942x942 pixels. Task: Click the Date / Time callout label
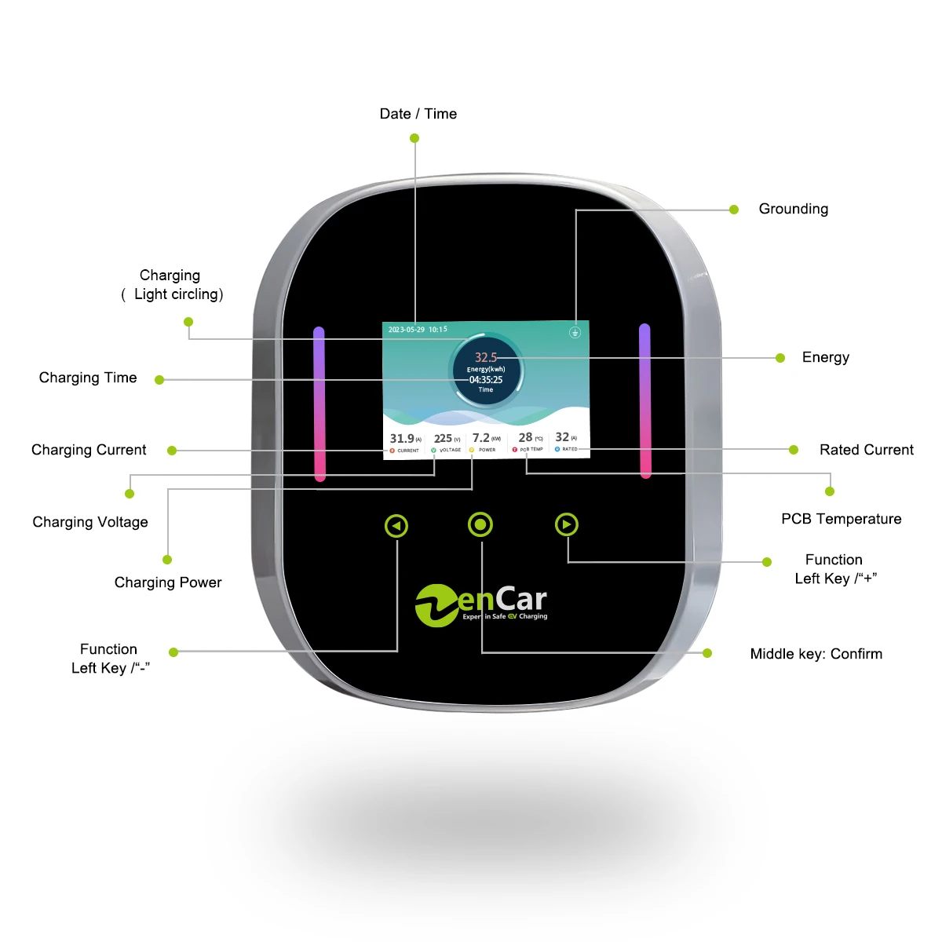tap(418, 114)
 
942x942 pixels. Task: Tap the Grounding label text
tap(793, 209)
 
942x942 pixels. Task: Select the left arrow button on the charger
tap(396, 526)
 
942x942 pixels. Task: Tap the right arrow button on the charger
tap(566, 524)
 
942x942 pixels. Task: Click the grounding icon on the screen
tap(575, 332)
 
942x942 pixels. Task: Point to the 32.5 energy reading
tap(486, 357)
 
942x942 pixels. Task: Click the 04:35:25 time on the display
tap(486, 380)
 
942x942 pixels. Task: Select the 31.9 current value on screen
tap(402, 439)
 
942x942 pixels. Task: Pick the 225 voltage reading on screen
tap(444, 439)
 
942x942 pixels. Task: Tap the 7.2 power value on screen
tap(481, 438)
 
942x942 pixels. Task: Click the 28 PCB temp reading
tap(525, 437)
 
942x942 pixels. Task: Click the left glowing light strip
tap(319, 403)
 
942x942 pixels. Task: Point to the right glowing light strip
tap(645, 400)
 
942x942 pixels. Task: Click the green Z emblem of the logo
tap(436, 605)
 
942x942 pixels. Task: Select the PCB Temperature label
tap(841, 519)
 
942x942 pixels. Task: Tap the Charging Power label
tap(168, 582)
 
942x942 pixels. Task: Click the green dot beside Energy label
tap(780, 358)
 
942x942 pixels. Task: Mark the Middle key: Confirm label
tap(816, 654)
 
